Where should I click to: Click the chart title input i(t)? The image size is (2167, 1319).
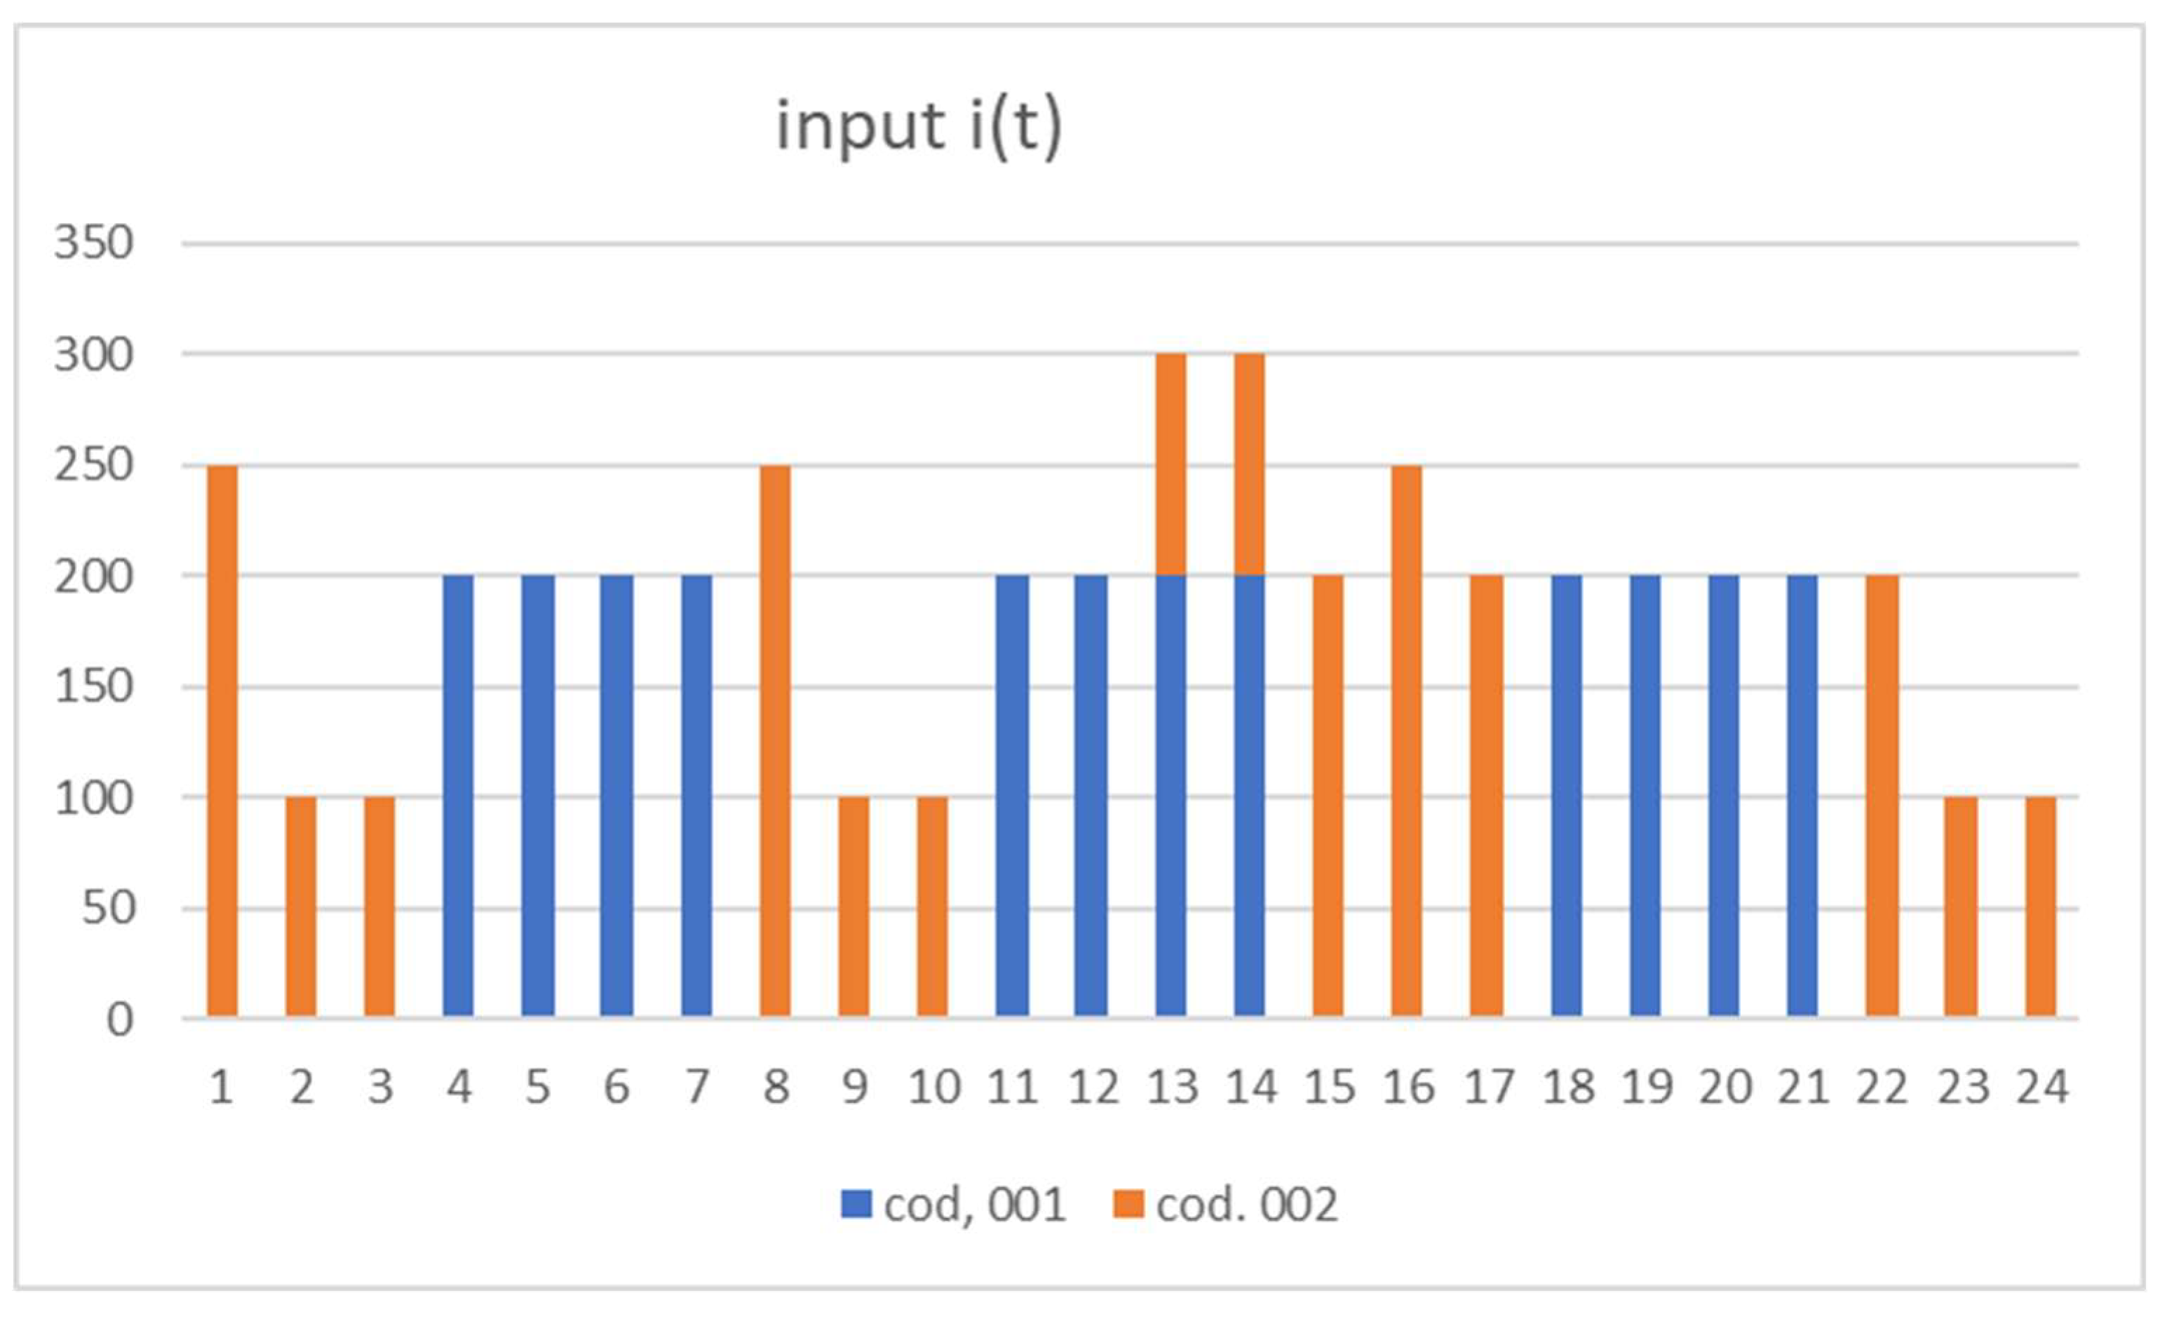(919, 128)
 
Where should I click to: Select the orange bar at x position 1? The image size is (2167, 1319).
(222, 740)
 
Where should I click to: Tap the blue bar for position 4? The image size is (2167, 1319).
(458, 796)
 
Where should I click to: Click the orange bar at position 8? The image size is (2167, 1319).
(775, 740)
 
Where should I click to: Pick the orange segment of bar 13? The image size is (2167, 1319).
(1170, 464)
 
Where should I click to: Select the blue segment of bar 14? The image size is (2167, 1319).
(1249, 796)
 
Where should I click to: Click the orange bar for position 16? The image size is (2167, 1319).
(1406, 740)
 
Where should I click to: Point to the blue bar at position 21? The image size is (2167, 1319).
(1802, 796)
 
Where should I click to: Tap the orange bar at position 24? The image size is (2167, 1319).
(2040, 907)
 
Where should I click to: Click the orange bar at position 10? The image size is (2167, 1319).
(932, 907)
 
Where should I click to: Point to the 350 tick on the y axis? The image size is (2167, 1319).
(93, 243)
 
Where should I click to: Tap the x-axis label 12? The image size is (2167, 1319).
(1093, 1088)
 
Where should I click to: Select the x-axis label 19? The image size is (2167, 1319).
(1647, 1088)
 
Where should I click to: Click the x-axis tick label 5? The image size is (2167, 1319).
(537, 1088)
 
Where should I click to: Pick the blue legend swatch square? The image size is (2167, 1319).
(856, 1204)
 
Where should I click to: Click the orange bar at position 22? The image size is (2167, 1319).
(1882, 796)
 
